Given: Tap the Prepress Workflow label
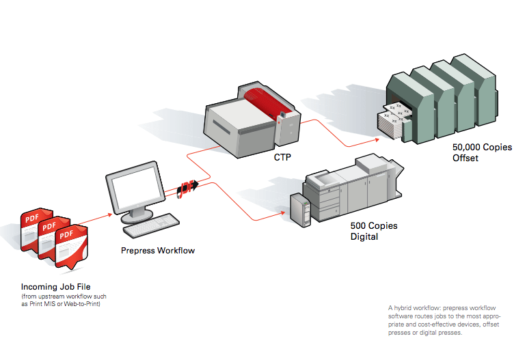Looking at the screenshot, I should (x=157, y=251).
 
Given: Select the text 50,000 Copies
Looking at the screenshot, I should (x=482, y=147).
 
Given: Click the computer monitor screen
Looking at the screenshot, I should (x=133, y=189).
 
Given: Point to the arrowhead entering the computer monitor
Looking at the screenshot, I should (x=109, y=215).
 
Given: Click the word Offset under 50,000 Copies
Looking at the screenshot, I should (x=465, y=158).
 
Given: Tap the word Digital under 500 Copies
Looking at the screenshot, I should (x=364, y=237).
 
